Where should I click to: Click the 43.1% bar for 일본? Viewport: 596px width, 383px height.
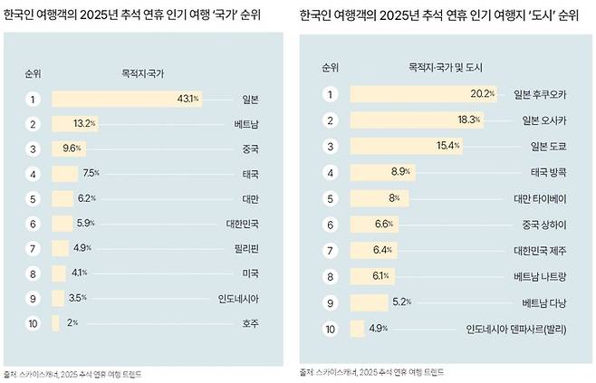tap(127, 99)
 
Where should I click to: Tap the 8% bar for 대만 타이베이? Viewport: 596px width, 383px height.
tap(379, 197)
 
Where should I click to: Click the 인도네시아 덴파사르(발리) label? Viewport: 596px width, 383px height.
tap(517, 329)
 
